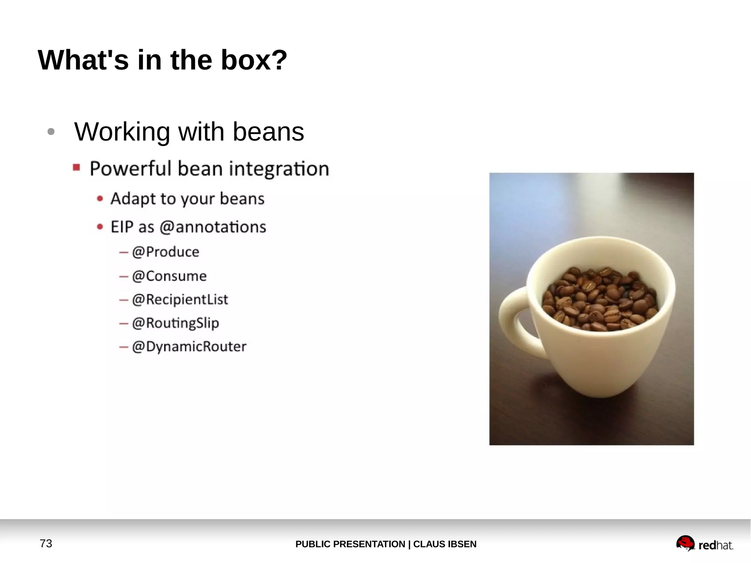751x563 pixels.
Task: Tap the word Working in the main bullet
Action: [x=122, y=132]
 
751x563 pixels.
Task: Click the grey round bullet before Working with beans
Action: [x=51, y=132]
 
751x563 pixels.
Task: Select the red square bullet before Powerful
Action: [x=76, y=168]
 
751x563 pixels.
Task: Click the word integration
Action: [x=279, y=169]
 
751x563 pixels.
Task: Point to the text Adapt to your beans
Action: [x=187, y=199]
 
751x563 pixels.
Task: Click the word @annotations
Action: [x=213, y=227]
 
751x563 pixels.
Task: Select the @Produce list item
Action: [x=165, y=252]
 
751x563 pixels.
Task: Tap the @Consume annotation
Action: [x=169, y=276]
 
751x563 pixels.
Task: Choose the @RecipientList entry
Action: [x=180, y=300]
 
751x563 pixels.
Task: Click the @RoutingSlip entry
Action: [x=175, y=323]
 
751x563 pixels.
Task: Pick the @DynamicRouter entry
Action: [x=189, y=347]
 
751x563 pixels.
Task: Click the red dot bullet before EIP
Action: [x=100, y=227]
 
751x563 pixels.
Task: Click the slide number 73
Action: [x=46, y=544]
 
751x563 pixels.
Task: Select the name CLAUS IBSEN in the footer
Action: [x=445, y=544]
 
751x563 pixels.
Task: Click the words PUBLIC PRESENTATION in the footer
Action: [x=350, y=544]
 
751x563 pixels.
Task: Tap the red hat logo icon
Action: [x=685, y=543]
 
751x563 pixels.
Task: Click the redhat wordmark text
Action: [x=715, y=545]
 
